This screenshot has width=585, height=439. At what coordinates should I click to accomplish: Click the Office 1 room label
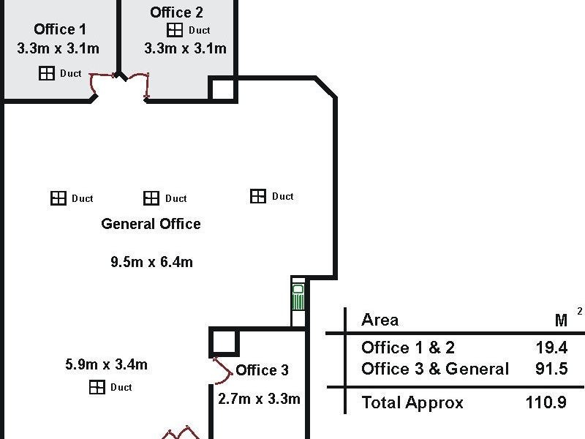(60, 29)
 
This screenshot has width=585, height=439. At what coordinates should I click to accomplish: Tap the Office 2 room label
(176, 12)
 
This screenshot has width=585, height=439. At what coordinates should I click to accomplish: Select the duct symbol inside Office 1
(47, 73)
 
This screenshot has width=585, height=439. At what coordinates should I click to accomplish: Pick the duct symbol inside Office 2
(175, 30)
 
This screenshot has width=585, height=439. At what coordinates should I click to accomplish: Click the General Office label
(151, 224)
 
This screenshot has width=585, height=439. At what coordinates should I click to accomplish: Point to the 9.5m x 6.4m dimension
(151, 262)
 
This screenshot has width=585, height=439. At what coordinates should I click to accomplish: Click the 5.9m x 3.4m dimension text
(106, 364)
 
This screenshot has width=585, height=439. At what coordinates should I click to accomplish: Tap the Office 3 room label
(262, 370)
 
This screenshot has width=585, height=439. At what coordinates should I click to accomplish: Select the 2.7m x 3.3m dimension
(259, 399)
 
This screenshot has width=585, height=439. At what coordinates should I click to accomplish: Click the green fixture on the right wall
(298, 300)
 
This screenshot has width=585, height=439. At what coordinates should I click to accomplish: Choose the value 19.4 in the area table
(551, 348)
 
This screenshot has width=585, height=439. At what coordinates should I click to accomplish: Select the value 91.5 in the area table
(551, 369)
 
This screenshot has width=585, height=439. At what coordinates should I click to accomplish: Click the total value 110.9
(546, 402)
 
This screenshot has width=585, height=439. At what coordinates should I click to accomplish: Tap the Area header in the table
(380, 320)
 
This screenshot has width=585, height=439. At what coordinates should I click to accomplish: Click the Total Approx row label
(412, 402)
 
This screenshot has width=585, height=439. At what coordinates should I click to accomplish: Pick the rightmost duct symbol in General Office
(258, 196)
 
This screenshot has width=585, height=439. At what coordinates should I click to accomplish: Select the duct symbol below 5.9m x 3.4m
(97, 387)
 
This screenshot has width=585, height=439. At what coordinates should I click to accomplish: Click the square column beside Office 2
(222, 89)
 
